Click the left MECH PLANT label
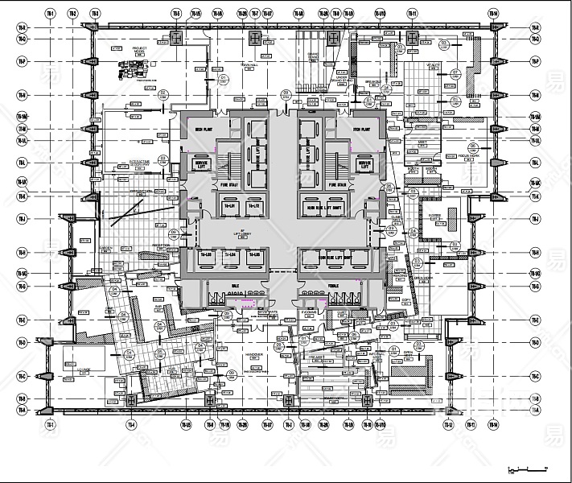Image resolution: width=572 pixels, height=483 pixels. click(x=203, y=129)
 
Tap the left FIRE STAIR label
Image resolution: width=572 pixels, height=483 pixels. click(x=227, y=187)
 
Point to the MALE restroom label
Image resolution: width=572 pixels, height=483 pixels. click(x=235, y=285)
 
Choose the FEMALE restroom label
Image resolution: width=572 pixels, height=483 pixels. click(x=332, y=285)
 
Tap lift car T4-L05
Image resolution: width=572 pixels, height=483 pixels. click(x=230, y=206)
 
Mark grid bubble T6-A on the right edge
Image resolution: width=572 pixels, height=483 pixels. click(x=535, y=411)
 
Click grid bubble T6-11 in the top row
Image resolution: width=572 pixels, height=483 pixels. click(x=412, y=14)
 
